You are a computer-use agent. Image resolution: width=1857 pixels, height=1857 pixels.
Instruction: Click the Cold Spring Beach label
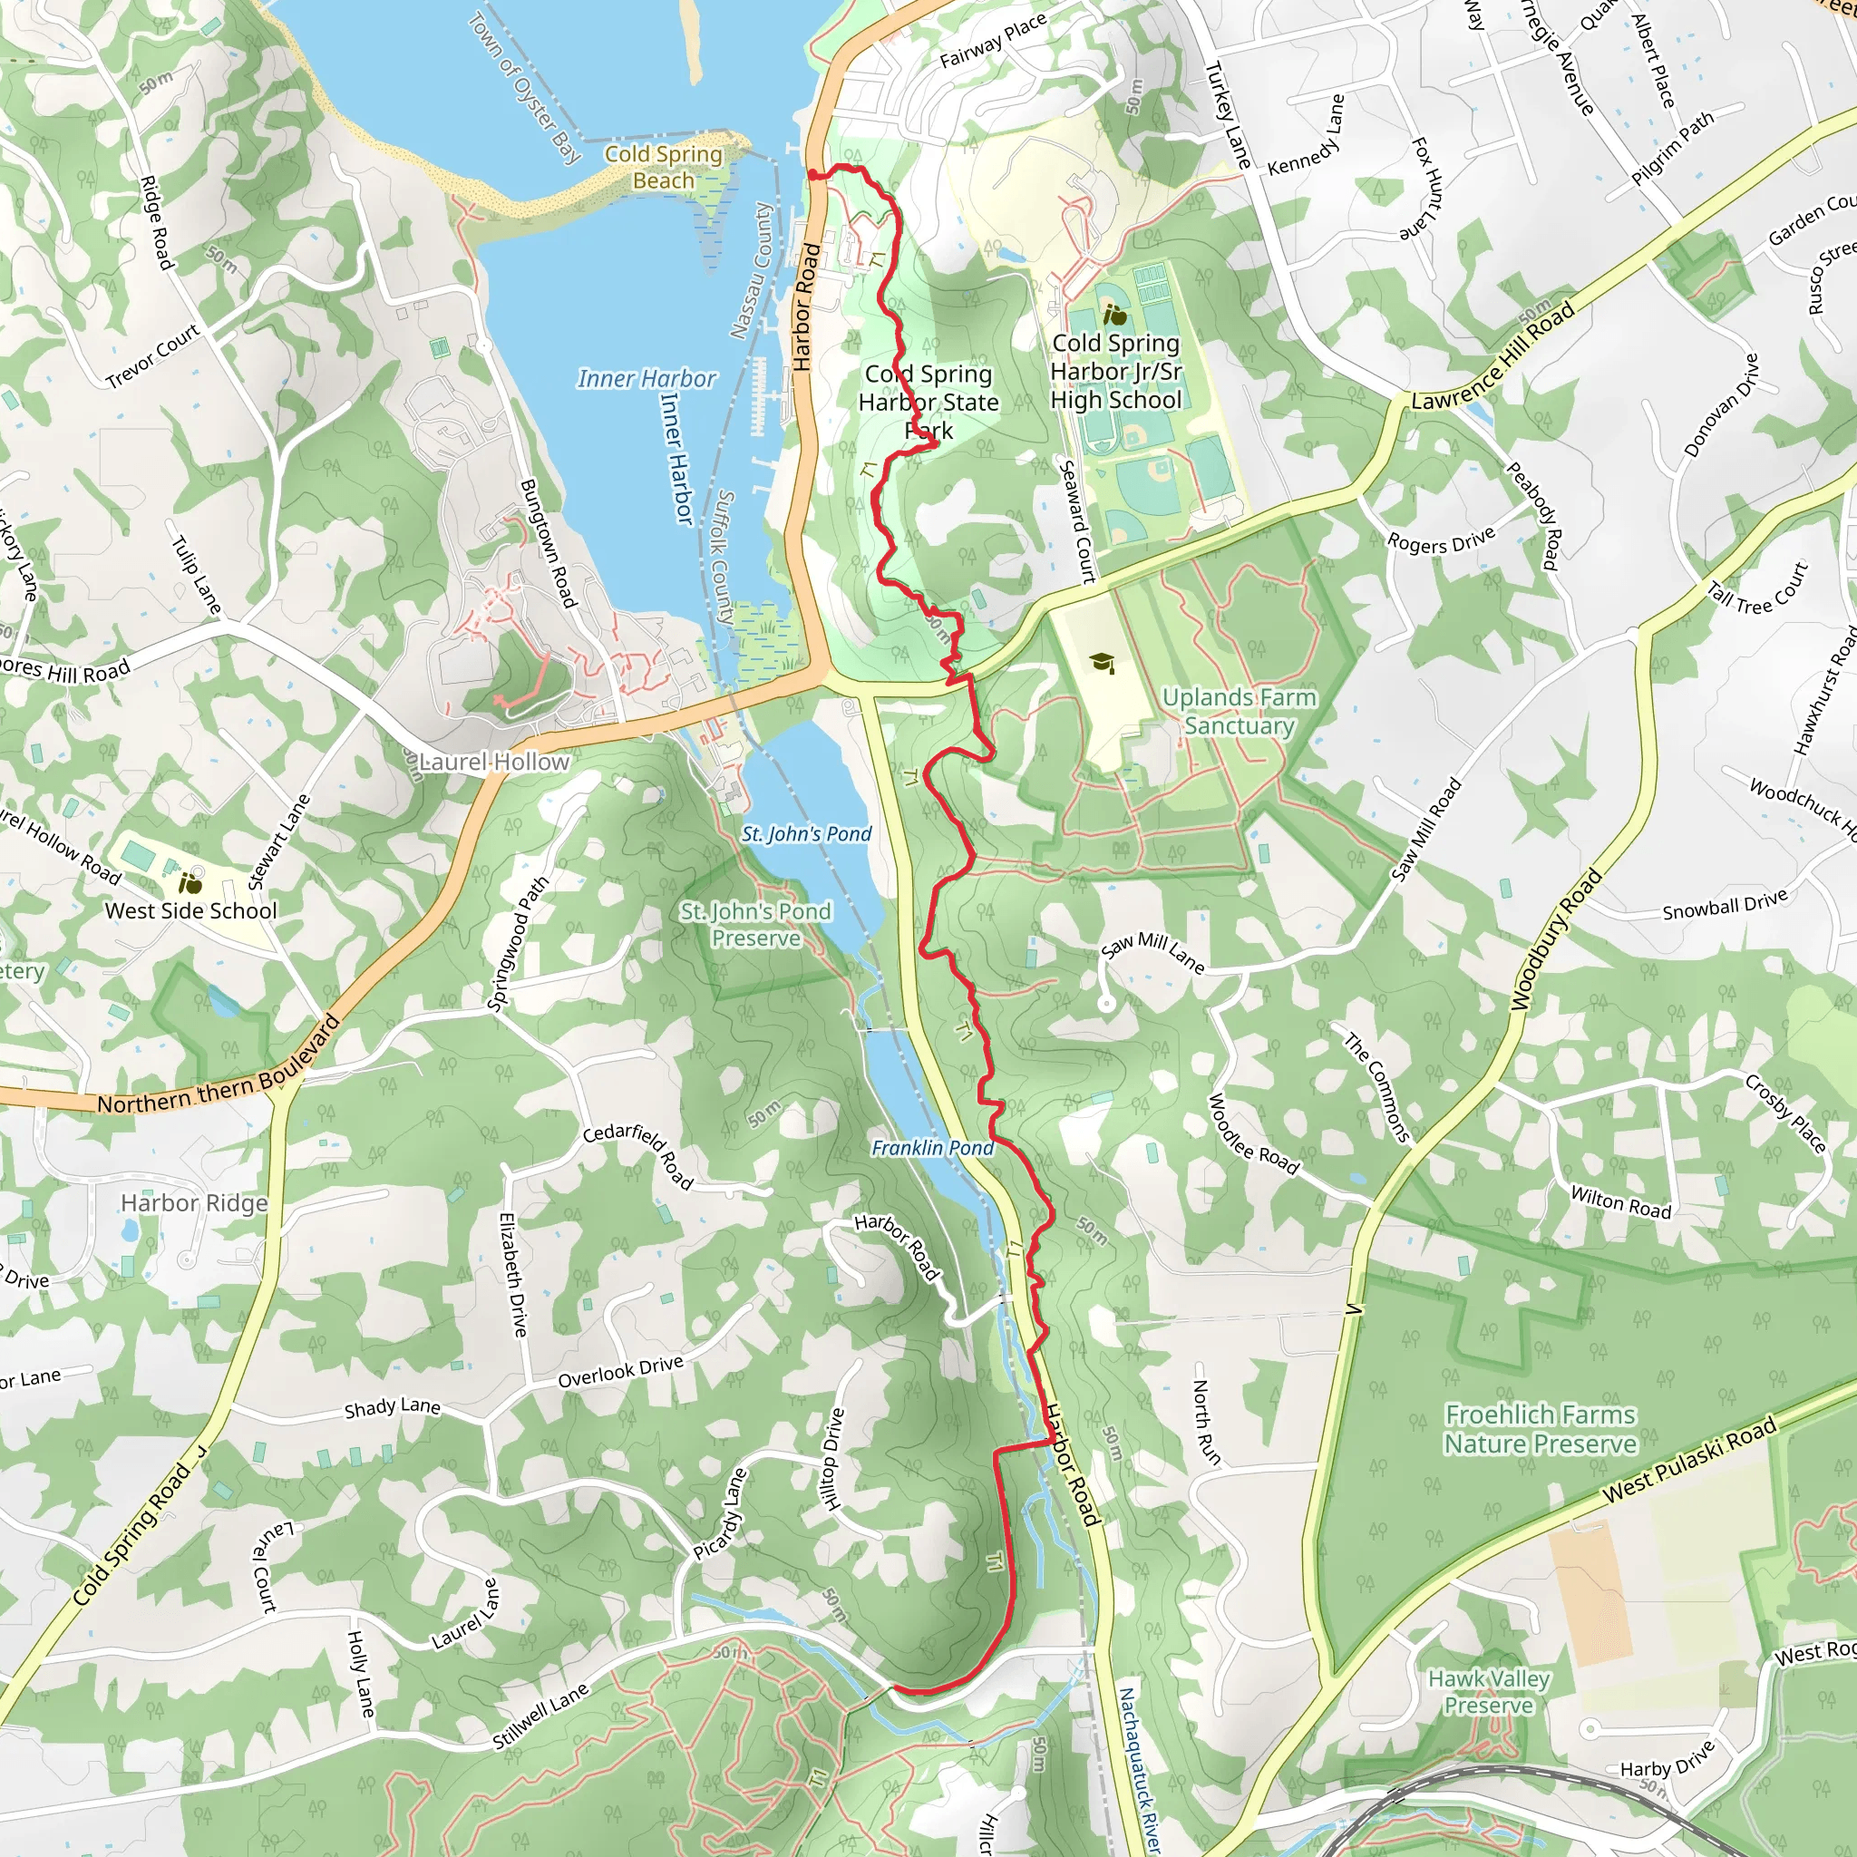[663, 167]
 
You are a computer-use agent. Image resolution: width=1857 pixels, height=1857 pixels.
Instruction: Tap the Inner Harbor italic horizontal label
[646, 379]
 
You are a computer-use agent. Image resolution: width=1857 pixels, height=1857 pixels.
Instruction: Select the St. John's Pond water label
[806, 834]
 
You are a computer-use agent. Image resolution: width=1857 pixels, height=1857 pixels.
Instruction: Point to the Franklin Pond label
[932, 1148]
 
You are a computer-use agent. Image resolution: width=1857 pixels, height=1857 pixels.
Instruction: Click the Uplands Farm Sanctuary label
[1239, 711]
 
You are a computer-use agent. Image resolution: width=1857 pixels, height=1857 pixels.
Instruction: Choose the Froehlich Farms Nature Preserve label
[1540, 1429]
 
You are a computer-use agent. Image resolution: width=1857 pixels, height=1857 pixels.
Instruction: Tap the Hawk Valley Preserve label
[1489, 1692]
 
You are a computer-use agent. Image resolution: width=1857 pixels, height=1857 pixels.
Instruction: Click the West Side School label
[190, 910]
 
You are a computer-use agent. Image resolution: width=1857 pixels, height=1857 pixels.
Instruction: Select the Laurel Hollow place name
[494, 763]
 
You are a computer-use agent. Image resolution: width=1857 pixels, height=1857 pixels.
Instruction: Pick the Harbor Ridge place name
[194, 1203]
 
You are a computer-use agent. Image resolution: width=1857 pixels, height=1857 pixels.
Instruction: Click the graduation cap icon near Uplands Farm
[1103, 662]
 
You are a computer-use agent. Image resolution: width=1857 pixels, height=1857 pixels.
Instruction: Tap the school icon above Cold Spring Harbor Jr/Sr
[1115, 315]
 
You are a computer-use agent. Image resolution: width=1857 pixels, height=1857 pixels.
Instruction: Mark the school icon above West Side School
[190, 881]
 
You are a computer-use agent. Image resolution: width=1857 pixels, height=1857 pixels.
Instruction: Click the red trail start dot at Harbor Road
[813, 175]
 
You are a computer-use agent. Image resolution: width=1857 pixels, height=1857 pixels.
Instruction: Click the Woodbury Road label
[1556, 940]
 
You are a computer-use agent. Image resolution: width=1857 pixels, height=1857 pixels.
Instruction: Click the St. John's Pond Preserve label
[755, 925]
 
